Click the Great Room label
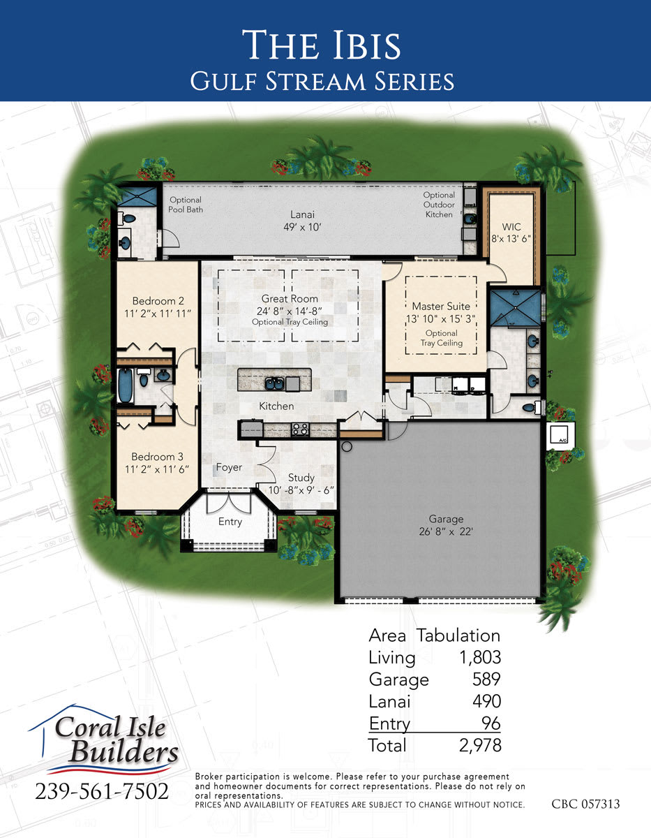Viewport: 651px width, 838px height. coord(290,298)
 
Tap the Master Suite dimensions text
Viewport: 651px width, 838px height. coord(441,319)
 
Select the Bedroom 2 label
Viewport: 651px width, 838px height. coord(158,301)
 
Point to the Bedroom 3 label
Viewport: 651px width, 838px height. coord(157,457)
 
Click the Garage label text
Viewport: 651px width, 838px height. coord(446,519)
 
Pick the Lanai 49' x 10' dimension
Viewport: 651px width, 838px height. coord(302,227)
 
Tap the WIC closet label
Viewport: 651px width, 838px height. coord(511,227)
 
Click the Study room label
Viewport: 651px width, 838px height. coord(301,478)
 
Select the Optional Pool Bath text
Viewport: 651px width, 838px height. coord(186,205)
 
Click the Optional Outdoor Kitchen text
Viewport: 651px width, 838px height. coord(439,205)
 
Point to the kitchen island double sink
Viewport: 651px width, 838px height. coord(274,383)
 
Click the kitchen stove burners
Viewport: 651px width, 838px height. coord(300,429)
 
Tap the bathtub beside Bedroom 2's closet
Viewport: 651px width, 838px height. coord(125,385)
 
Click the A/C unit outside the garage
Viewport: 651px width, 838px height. coord(560,437)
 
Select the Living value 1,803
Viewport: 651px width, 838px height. coord(480,657)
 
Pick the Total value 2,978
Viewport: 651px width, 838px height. coord(480,745)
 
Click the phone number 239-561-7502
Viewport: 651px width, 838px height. coord(102,791)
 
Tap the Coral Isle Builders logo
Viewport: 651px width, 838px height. coord(104,740)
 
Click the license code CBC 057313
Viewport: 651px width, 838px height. coord(585,804)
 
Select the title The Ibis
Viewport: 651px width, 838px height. coord(322,45)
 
